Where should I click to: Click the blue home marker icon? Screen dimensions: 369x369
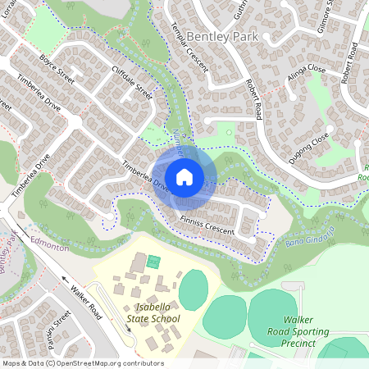pos(184,176)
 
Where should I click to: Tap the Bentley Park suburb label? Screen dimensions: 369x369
pos(221,37)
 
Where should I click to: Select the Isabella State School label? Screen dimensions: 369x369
pos(153,312)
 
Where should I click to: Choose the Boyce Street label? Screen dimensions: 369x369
pos(56,66)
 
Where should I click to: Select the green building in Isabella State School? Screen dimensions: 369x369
pos(153,262)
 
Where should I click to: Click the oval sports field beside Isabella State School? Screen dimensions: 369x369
pos(194,288)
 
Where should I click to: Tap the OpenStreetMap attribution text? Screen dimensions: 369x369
pos(82,362)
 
